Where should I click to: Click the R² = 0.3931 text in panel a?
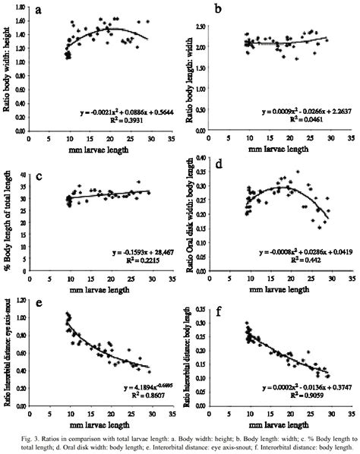[x=116, y=120]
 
